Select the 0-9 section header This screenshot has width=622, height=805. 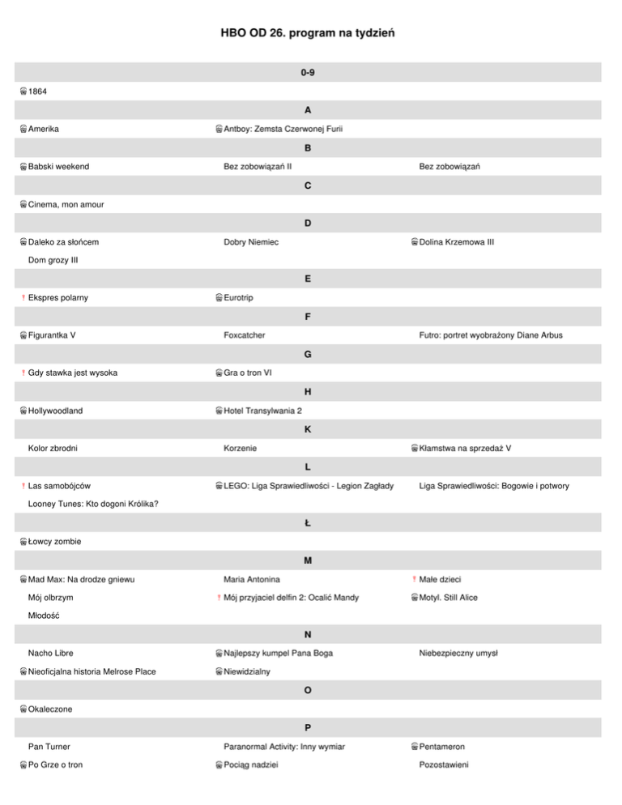(x=308, y=73)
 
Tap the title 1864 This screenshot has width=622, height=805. (x=38, y=92)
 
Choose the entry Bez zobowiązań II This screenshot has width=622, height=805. (x=258, y=167)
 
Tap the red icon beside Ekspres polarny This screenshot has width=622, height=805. (x=23, y=298)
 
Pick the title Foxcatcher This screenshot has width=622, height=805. (x=245, y=335)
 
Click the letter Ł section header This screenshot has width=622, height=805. (x=308, y=523)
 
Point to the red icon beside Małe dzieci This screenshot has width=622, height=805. (x=414, y=579)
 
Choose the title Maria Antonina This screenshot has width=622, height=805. (x=252, y=579)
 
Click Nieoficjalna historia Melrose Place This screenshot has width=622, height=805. (x=92, y=671)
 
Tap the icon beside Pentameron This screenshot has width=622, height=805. (x=414, y=747)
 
